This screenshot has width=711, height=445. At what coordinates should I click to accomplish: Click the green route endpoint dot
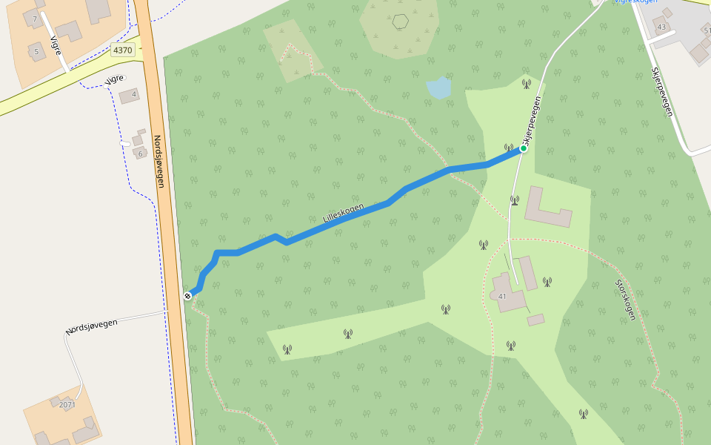tap(523, 148)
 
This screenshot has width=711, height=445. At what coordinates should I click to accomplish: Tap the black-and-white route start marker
tap(188, 296)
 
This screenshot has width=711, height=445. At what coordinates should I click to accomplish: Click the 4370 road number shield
tap(122, 50)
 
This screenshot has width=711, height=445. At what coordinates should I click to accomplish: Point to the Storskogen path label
tap(625, 300)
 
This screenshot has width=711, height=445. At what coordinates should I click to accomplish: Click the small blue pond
tap(438, 88)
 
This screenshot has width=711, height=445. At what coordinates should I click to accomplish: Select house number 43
tap(661, 27)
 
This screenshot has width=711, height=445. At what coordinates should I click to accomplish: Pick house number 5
tap(36, 51)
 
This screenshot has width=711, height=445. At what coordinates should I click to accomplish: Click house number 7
tap(34, 19)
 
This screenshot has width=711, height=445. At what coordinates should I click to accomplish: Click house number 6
tap(139, 154)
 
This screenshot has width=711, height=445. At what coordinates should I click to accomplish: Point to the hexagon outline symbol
tap(401, 22)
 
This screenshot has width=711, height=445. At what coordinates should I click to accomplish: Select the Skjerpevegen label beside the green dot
tap(532, 120)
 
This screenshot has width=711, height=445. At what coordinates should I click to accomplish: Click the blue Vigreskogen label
tap(635, 1)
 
